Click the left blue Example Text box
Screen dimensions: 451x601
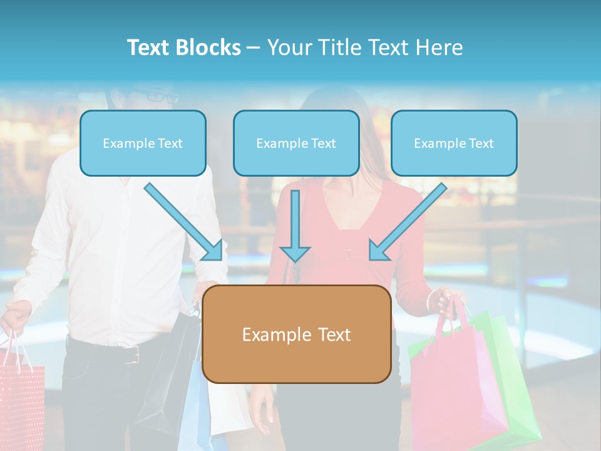(x=143, y=143)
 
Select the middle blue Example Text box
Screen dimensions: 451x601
(x=296, y=143)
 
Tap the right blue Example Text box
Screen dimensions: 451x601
(x=454, y=143)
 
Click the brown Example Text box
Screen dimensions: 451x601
(x=296, y=334)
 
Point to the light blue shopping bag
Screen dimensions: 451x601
(x=199, y=407)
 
